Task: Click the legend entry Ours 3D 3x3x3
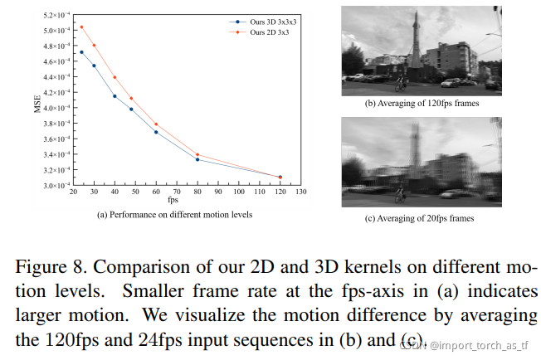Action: coord(263,22)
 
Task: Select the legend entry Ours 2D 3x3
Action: coord(259,32)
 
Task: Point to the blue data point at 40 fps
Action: coord(115,96)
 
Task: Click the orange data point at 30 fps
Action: coord(94,45)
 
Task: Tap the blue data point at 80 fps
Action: coord(197,159)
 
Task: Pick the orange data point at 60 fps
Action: coord(156,124)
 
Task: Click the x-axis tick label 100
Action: coord(239,192)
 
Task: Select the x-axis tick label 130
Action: coord(301,192)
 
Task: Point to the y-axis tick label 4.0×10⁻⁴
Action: coord(56,108)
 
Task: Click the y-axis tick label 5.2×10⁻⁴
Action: coord(56,15)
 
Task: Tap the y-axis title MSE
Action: coord(37,105)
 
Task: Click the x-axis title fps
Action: coord(173,200)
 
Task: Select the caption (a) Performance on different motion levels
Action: coord(174,215)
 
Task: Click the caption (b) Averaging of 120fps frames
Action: coord(422,104)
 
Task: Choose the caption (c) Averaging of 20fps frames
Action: coord(419,218)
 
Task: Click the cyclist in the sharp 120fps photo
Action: coord(400,84)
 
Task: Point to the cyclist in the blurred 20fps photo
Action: coord(400,194)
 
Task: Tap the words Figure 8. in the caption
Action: coord(51,267)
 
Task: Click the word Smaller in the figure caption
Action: coord(153,290)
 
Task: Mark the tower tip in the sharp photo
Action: coord(417,11)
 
